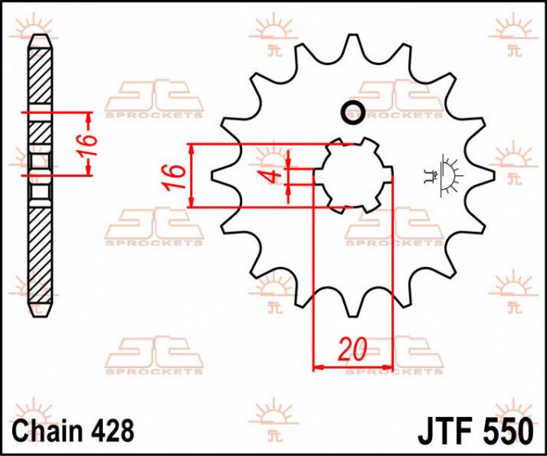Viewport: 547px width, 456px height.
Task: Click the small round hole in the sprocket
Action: [x=353, y=112]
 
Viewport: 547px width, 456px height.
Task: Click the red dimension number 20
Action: [x=353, y=349]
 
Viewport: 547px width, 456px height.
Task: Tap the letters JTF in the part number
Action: [x=444, y=432]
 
